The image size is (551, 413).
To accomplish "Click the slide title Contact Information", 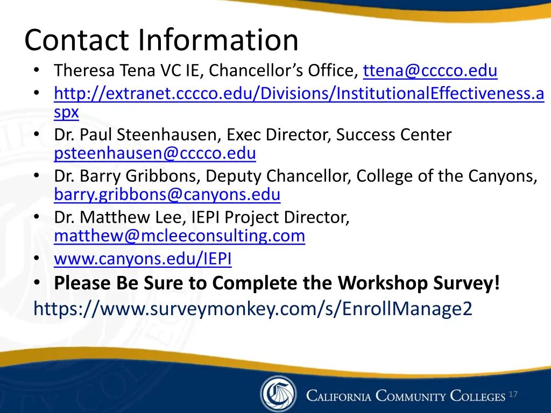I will [161, 40].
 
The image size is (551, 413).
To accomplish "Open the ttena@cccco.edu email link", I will [430, 71].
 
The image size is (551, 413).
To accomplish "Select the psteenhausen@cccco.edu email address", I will [155, 154].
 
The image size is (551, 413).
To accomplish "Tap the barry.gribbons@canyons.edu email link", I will [167, 194].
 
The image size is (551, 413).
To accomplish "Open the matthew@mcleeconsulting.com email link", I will [180, 236].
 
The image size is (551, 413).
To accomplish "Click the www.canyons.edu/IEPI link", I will [143, 259].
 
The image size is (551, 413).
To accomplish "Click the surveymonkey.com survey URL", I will [252, 309].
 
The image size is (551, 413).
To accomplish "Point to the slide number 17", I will [513, 395].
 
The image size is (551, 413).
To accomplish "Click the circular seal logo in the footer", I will [278, 394].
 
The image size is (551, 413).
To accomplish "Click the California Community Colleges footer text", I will [406, 397].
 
